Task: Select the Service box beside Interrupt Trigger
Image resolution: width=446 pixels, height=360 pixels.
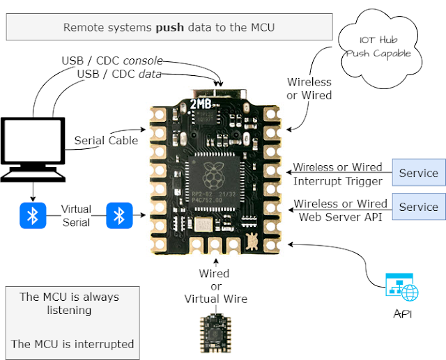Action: coord(418,173)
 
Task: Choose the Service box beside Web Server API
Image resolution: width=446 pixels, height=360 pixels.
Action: coord(418,207)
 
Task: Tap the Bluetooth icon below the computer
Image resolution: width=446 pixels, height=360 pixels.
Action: coord(31,216)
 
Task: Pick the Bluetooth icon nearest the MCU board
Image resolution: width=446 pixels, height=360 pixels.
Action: coord(118,216)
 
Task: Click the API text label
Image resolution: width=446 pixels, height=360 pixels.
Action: coord(402,315)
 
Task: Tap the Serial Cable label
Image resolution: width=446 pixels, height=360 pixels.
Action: coord(107,140)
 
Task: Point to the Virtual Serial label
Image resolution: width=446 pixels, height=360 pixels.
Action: coord(76,216)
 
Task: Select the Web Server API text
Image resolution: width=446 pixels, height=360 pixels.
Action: coord(339,217)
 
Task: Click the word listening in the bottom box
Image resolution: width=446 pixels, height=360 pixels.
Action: coord(68,311)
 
